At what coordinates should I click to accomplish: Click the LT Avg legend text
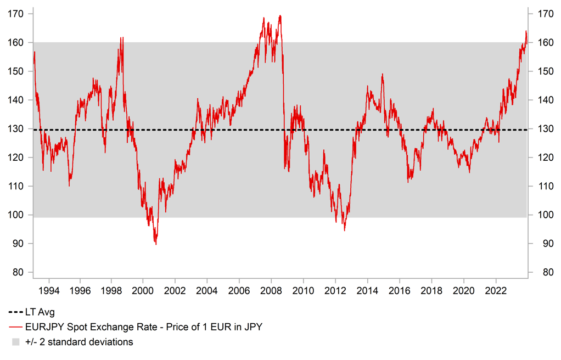pyautogui.click(x=40, y=312)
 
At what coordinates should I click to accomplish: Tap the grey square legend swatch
pyautogui.click(x=15, y=342)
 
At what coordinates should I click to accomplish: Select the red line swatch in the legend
pyautogui.click(x=15, y=327)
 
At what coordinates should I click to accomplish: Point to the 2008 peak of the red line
pyautogui.click(x=280, y=16)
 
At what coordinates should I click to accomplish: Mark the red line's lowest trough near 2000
pyautogui.click(x=156, y=244)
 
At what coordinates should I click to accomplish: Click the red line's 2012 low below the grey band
pyautogui.click(x=344, y=230)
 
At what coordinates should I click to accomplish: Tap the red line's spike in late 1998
pyautogui.click(x=121, y=38)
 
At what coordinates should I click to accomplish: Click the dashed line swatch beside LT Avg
pyautogui.click(x=15, y=312)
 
